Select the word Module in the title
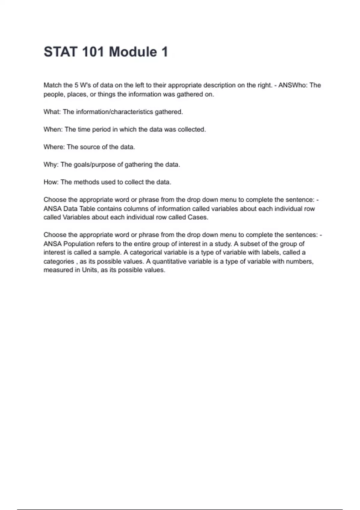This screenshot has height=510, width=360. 133,52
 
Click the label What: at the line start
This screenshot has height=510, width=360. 52,112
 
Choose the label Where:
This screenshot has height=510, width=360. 54,147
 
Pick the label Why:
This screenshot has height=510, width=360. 51,164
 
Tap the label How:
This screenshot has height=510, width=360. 51,182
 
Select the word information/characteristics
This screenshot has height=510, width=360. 114,112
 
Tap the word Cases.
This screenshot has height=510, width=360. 198,217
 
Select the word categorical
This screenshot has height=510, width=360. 145,252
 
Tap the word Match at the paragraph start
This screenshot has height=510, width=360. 53,85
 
